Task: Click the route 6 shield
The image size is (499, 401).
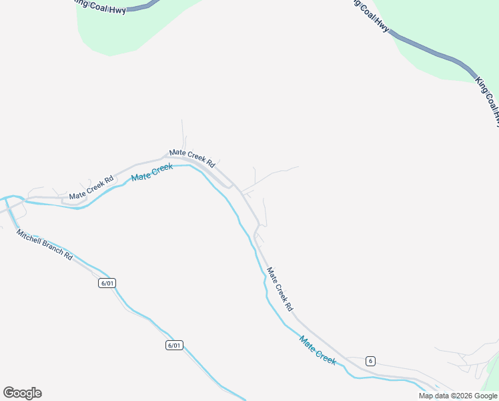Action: [x=370, y=361]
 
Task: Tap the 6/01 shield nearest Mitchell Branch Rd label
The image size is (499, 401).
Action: [x=107, y=283]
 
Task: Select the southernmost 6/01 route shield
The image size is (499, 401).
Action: [x=173, y=345]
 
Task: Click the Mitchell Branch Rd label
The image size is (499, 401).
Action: [x=44, y=245]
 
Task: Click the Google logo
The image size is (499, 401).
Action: [x=22, y=393]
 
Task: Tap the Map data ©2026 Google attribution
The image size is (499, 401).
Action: [x=458, y=396]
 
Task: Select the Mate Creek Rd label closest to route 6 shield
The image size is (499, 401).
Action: [x=280, y=289]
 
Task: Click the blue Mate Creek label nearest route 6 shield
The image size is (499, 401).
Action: [x=318, y=350]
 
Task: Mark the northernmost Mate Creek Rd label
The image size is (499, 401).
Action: [x=191, y=158]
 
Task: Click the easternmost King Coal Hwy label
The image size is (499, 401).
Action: [x=488, y=101]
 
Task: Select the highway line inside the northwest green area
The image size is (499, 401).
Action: [x=141, y=8]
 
